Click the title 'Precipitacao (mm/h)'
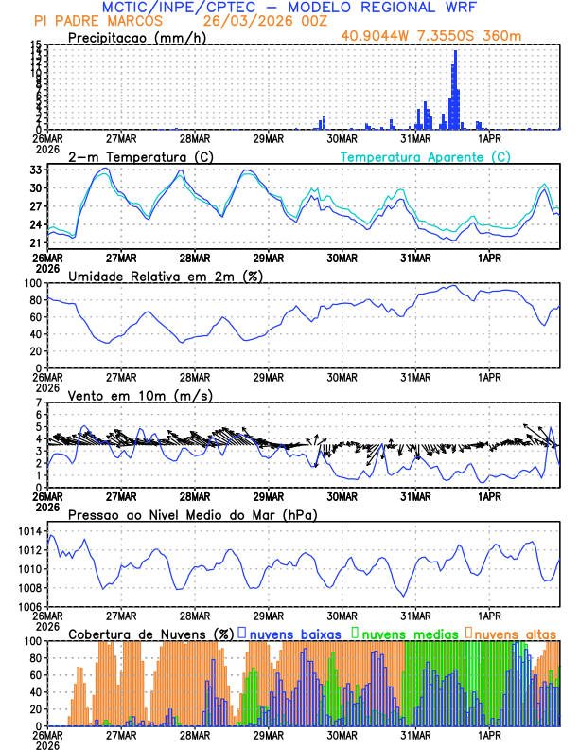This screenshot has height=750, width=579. (136, 37)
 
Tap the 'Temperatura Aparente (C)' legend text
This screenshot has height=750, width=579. (425, 156)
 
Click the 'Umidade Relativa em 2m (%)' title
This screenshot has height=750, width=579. (166, 276)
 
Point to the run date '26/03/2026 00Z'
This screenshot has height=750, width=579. (255, 20)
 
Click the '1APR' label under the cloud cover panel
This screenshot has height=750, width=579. (489, 735)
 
